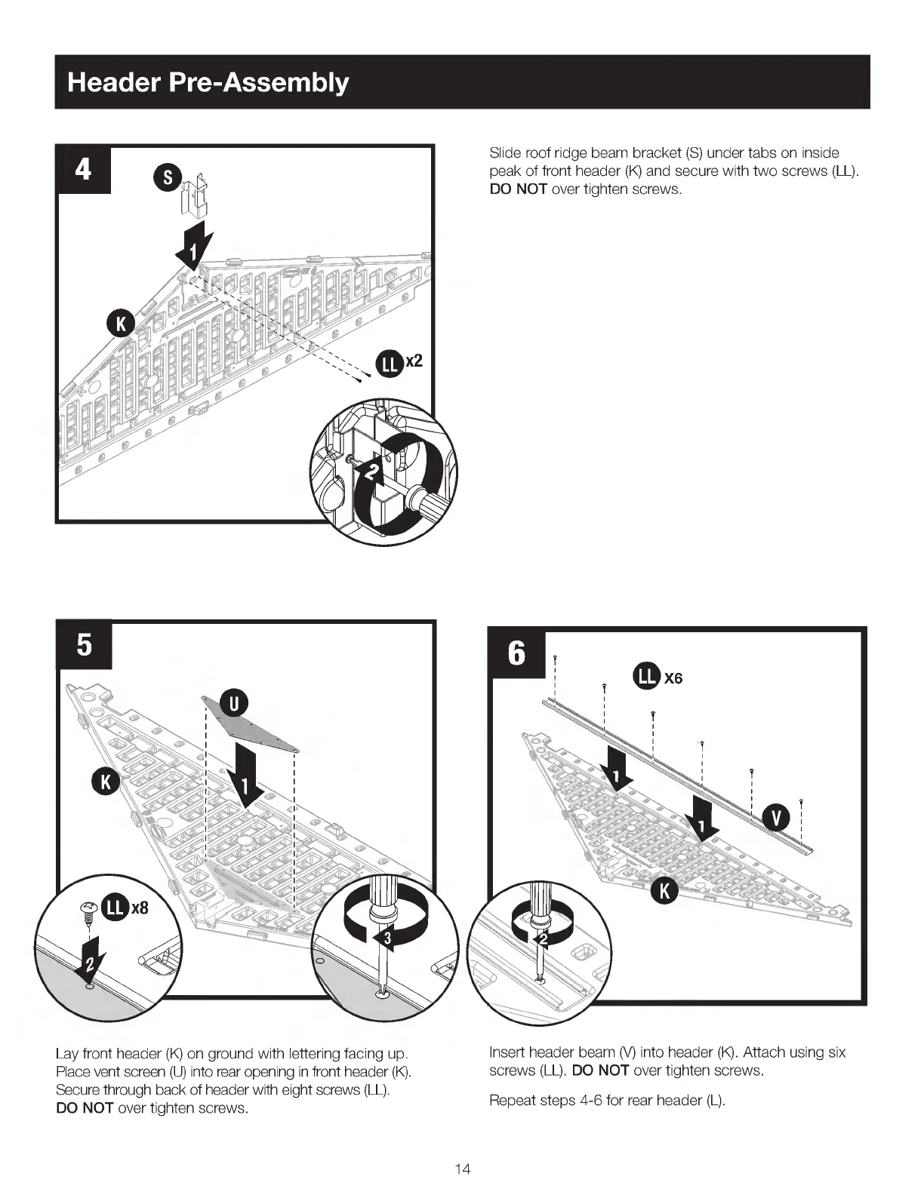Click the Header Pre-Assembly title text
tap(208, 82)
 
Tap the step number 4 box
tap(83, 169)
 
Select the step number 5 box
tap(84, 645)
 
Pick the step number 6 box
tap(516, 653)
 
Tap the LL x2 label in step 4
tap(400, 364)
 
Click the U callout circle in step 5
tap(234, 703)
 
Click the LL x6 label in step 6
tap(658, 677)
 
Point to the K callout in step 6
tap(665, 891)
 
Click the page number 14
tap(463, 1169)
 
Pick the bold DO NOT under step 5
tap(85, 1108)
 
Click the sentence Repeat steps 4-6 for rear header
tap(607, 1100)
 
